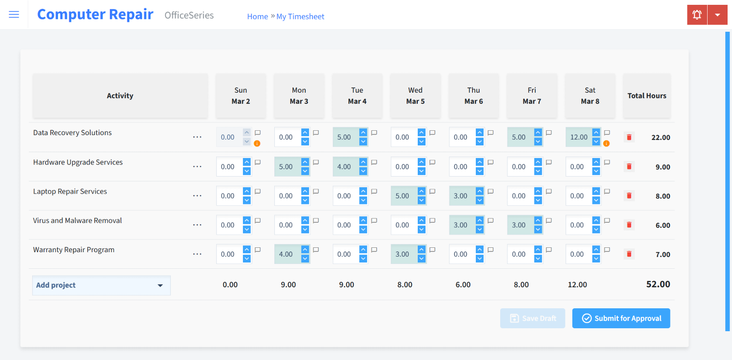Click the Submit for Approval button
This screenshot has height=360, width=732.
[621, 319]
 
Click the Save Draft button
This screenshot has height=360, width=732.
[532, 319]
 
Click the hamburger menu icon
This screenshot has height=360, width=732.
[14, 15]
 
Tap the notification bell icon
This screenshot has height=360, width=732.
[697, 15]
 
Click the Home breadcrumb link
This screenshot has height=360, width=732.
[257, 17]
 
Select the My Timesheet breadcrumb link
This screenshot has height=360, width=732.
[300, 17]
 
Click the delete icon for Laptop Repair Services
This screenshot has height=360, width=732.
[629, 196]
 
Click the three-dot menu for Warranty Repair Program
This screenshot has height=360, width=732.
[197, 254]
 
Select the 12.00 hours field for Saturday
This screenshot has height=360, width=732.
[579, 137]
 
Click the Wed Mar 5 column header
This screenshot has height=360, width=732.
[415, 96]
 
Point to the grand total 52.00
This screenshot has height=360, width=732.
[658, 284]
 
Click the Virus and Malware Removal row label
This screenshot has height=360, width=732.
[78, 220]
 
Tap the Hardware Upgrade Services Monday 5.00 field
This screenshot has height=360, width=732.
[286, 167]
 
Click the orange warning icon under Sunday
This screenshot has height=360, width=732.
[257, 143]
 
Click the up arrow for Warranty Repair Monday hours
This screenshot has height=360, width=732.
[305, 250]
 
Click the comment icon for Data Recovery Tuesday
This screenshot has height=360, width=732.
[374, 133]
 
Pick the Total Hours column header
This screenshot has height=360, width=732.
[647, 96]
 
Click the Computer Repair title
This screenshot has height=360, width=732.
[95, 15]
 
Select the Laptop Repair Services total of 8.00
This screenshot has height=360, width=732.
[663, 196]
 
